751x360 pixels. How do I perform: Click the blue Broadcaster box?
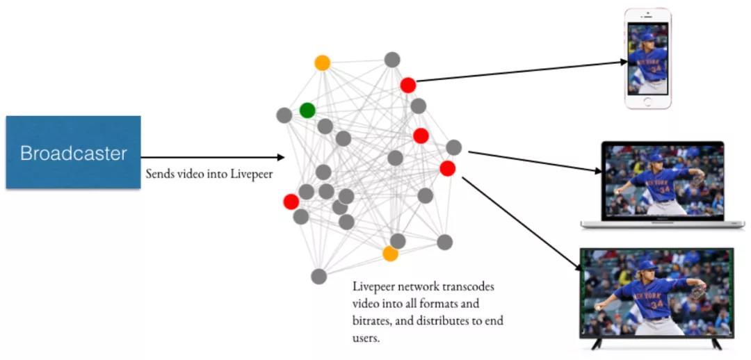pyautogui.click(x=73, y=152)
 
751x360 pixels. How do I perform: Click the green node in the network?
pyautogui.click(x=307, y=110)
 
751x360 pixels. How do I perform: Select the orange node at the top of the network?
pyautogui.click(x=322, y=63)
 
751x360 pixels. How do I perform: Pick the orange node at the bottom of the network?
pyautogui.click(x=391, y=254)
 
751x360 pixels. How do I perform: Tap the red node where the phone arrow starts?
pyautogui.click(x=408, y=85)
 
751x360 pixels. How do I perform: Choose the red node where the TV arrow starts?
pyautogui.click(x=448, y=168)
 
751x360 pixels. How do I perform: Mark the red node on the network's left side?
pyautogui.click(x=291, y=202)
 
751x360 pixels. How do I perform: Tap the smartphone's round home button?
pyautogui.click(x=647, y=101)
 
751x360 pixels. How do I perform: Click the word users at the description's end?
pyautogui.click(x=366, y=338)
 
